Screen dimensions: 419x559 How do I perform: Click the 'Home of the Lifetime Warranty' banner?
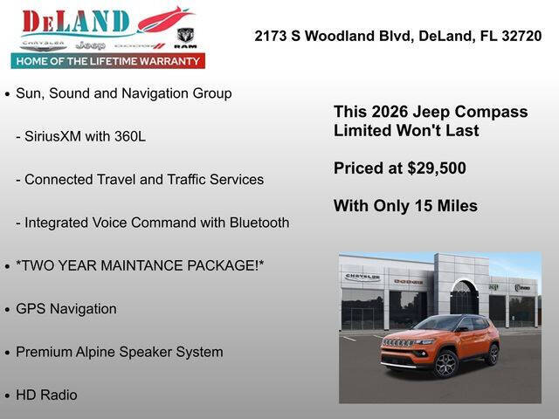tap(107, 61)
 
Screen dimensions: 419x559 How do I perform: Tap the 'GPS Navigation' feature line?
tap(66, 309)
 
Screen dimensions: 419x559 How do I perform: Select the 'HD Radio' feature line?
tap(46, 395)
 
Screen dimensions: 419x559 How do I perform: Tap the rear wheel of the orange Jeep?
tap(493, 354)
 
